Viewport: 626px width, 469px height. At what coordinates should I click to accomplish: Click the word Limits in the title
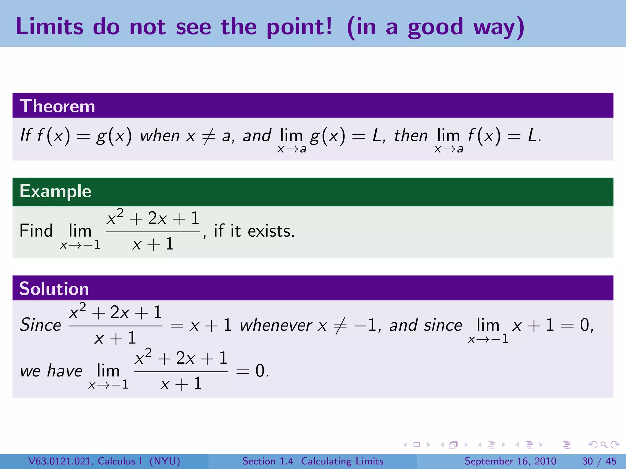pos(49,27)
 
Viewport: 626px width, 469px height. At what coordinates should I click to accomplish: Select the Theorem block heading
pos(57,106)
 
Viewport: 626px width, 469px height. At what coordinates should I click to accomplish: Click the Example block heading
pos(55,191)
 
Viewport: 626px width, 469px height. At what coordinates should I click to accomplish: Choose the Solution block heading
pos(54,289)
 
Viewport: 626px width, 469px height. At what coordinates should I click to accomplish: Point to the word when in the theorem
pos(160,136)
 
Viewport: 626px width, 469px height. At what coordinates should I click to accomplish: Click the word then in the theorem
pos(411,136)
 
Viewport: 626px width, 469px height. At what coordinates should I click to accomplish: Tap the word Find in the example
pos(36,231)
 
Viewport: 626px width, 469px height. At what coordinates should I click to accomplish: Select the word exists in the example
pos(271,231)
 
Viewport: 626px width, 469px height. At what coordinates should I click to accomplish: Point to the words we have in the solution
pos(51,371)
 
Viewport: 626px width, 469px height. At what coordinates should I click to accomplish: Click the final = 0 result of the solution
pos(252,371)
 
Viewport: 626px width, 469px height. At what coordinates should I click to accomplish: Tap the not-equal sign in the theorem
pos(209,136)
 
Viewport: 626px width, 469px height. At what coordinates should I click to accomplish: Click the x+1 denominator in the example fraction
pos(153,244)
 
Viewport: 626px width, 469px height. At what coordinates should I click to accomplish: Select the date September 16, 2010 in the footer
pos(510,461)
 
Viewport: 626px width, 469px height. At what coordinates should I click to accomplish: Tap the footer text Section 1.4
pos(267,461)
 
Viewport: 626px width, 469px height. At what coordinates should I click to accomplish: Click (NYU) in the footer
pos(165,461)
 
